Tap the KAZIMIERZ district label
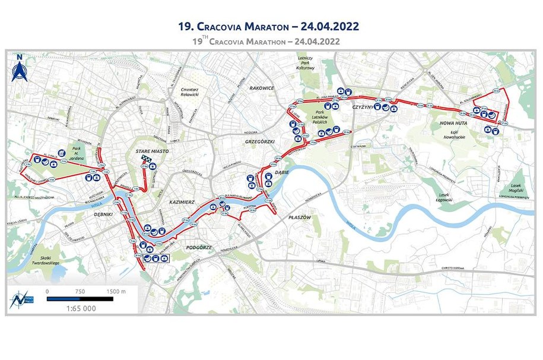click(182, 202)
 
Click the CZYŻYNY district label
click(361, 107)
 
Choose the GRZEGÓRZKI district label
click(257, 142)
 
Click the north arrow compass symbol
click(19, 69)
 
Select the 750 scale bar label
click(81, 291)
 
